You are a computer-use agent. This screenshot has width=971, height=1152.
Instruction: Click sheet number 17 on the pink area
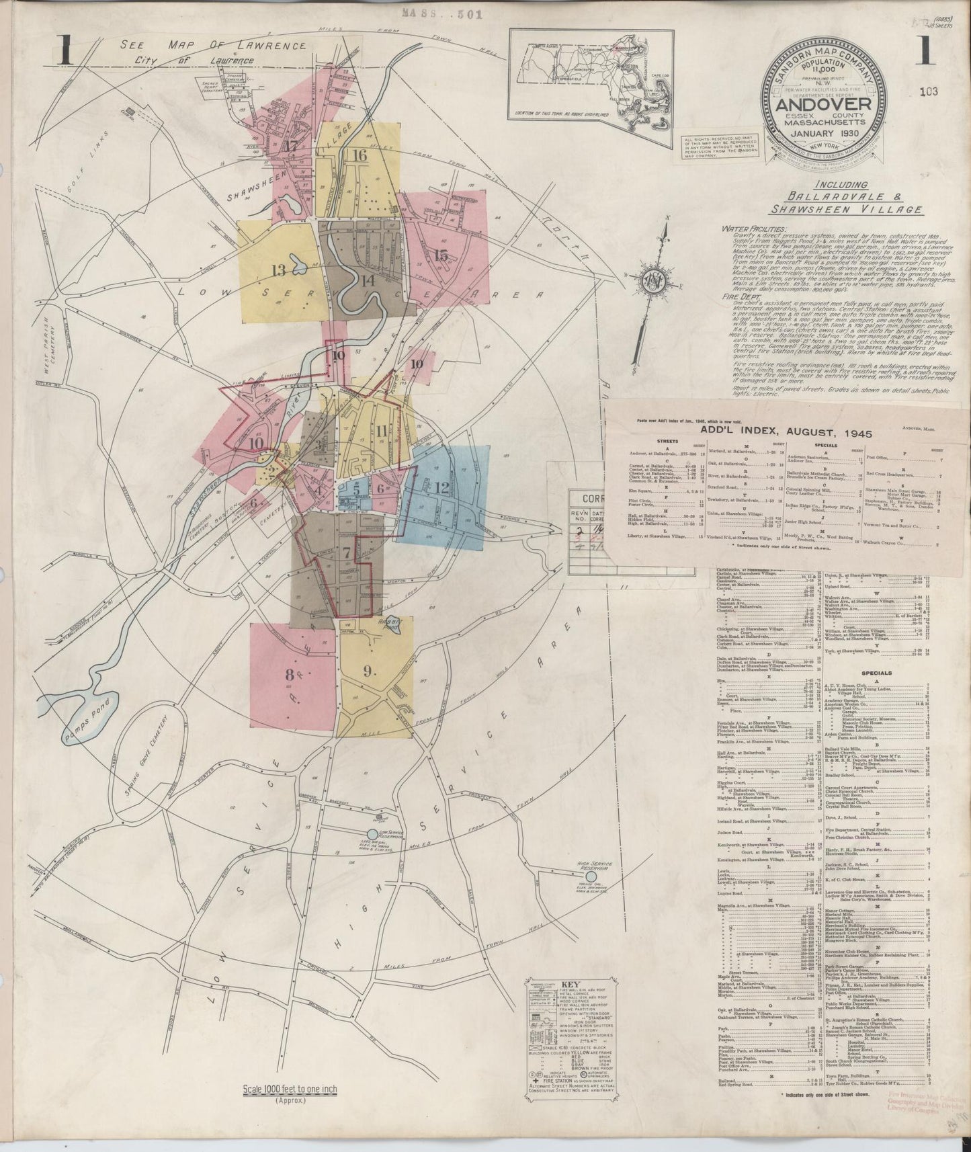pyautogui.click(x=291, y=146)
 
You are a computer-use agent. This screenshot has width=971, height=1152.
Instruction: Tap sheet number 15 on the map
pyautogui.click(x=441, y=255)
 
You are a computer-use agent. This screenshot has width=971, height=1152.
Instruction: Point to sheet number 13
pyautogui.click(x=278, y=270)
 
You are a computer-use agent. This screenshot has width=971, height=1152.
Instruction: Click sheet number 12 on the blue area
pyautogui.click(x=441, y=488)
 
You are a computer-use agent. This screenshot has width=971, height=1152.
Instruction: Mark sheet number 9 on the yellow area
pyautogui.click(x=367, y=670)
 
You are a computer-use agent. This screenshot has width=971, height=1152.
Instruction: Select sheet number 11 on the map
pyautogui.click(x=382, y=430)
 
